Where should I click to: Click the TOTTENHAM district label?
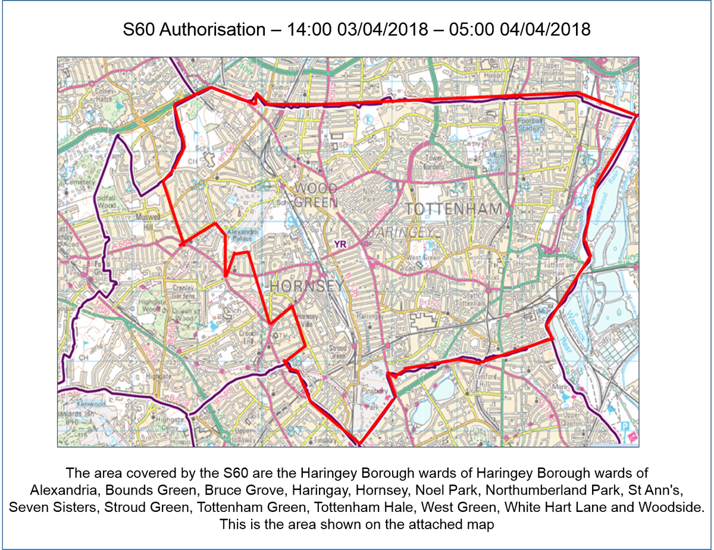[457, 210]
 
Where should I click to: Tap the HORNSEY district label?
[306, 286]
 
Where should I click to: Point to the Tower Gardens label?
[437, 162]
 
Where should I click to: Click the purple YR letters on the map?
[340, 243]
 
